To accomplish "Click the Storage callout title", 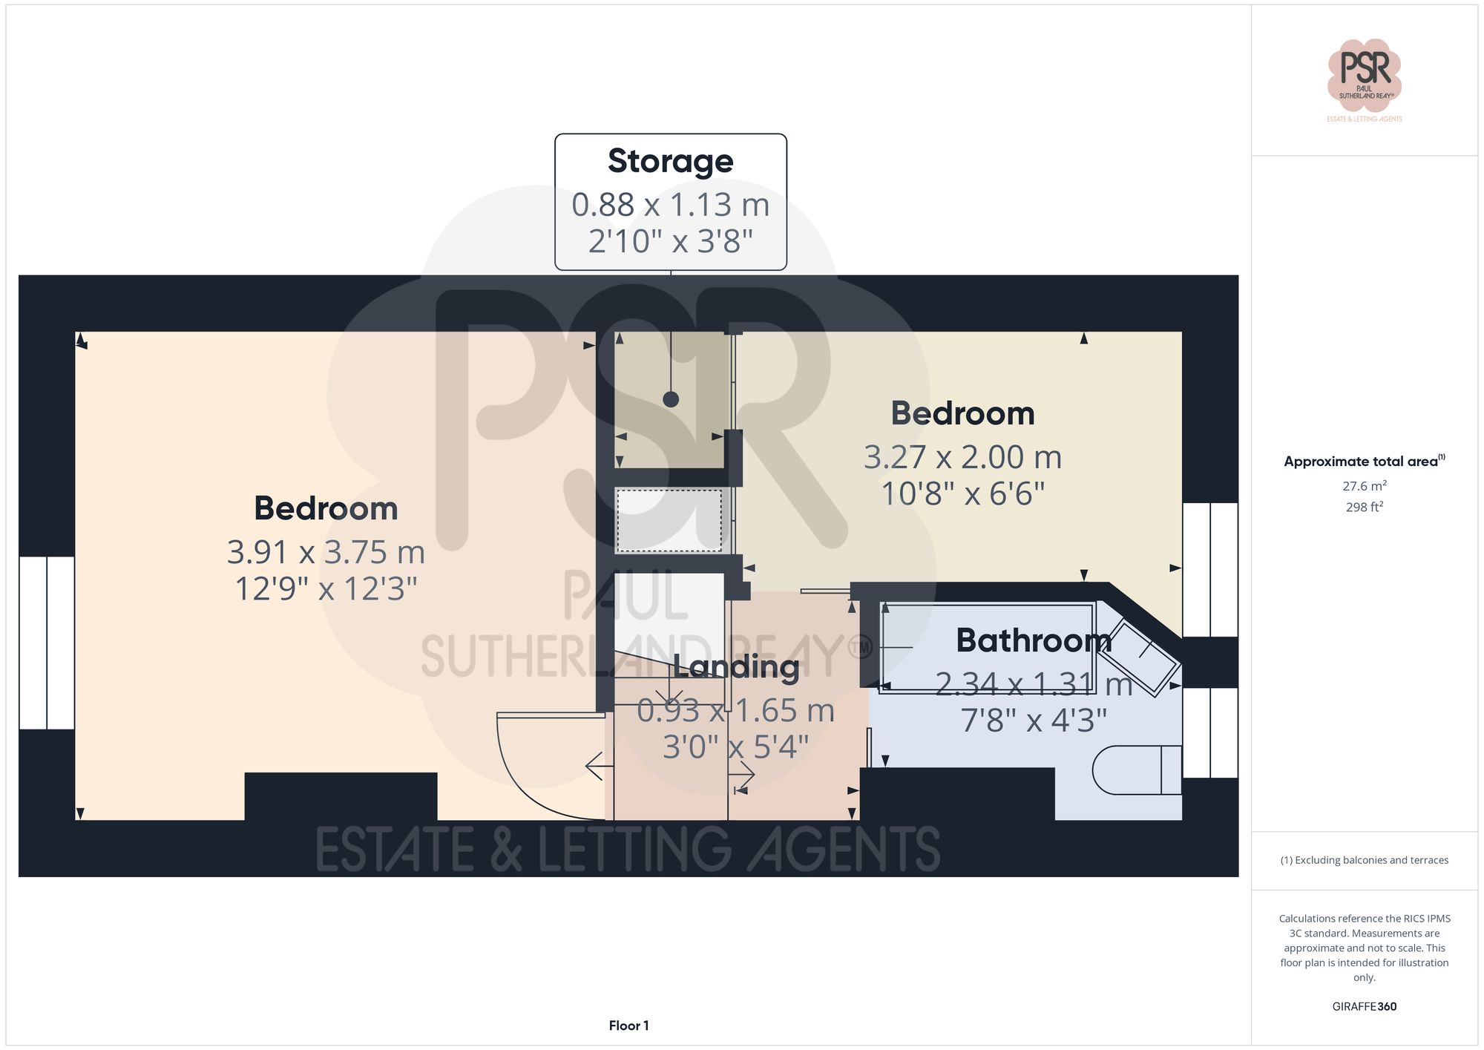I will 670,161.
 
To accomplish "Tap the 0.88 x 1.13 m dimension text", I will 670,205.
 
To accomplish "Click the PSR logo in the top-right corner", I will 1364,74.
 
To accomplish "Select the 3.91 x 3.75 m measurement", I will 326,552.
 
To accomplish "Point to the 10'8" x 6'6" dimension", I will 962,493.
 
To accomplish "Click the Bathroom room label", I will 1033,640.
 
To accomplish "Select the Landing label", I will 735,666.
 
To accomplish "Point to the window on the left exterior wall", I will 46,643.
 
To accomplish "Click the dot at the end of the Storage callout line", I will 671,399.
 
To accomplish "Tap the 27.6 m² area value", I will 1364,486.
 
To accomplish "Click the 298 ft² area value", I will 1364,507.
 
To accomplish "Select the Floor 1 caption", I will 628,1026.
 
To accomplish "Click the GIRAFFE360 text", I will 1364,1006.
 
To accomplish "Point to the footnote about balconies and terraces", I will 1364,860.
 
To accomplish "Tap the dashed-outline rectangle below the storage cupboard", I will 669,520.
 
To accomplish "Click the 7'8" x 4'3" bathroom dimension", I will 1033,721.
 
